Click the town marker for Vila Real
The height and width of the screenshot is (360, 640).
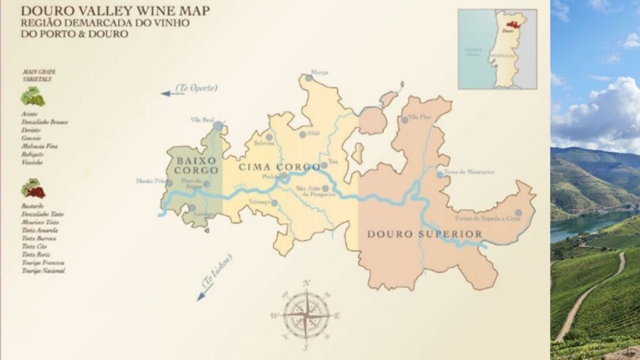point(217,126)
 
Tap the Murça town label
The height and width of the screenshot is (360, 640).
point(319,71)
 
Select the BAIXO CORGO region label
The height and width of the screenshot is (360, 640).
point(196,165)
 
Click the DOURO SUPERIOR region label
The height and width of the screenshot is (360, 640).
point(424,234)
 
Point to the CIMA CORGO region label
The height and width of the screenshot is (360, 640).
point(279,167)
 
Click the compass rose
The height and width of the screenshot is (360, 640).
point(306,315)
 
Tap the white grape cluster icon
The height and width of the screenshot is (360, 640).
point(32,97)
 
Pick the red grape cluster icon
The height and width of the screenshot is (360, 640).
point(32,188)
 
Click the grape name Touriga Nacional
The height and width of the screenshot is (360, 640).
point(42,271)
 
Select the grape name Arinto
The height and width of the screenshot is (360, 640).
point(29,114)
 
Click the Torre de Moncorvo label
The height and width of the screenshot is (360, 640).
point(468,172)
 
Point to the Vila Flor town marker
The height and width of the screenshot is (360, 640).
point(404,119)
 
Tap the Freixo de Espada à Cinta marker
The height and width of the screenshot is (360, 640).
point(518,212)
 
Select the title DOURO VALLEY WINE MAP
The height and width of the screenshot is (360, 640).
point(115,11)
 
